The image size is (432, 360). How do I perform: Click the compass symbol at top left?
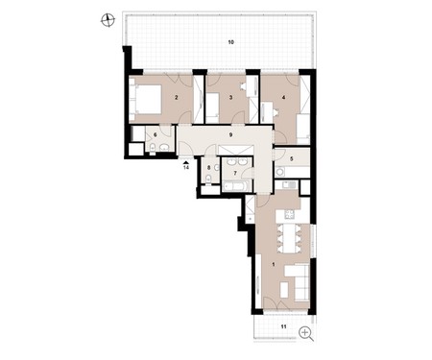[x=108, y=20]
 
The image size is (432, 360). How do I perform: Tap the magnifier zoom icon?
[x=306, y=334]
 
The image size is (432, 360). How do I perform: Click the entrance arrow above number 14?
[x=186, y=162]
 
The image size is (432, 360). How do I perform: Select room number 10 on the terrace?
[x=231, y=42]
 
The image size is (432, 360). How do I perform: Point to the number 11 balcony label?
[x=283, y=326]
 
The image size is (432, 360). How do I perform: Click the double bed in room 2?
[x=146, y=99]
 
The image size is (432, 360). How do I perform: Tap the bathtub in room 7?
[x=236, y=185]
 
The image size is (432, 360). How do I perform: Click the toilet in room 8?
[x=208, y=179]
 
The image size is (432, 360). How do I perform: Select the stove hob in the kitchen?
[x=290, y=214]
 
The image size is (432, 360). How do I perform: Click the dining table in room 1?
[x=289, y=237]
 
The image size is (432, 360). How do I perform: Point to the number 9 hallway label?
[x=230, y=134]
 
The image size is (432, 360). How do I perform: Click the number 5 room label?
[x=292, y=158]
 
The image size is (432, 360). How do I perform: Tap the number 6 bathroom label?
[x=156, y=135]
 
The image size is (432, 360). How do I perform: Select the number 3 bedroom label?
[x=230, y=97]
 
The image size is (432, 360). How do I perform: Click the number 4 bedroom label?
[x=283, y=97]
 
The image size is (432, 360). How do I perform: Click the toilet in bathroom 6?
[x=153, y=148]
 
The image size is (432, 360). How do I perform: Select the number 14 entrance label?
[x=186, y=167]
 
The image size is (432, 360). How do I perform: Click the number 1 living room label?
[x=273, y=264]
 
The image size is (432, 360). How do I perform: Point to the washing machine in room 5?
[x=280, y=172]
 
